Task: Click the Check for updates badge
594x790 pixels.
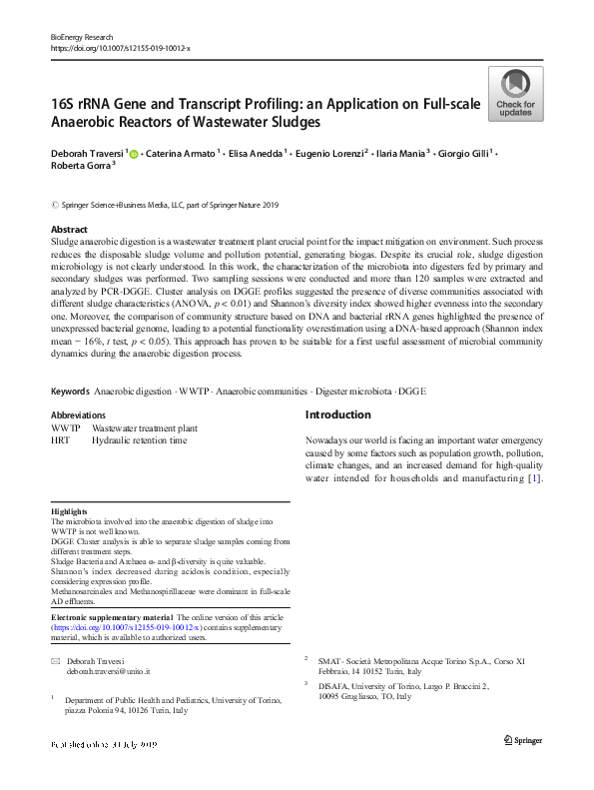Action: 514,95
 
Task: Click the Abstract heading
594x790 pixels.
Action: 69,230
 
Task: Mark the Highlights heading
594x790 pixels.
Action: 70,510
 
